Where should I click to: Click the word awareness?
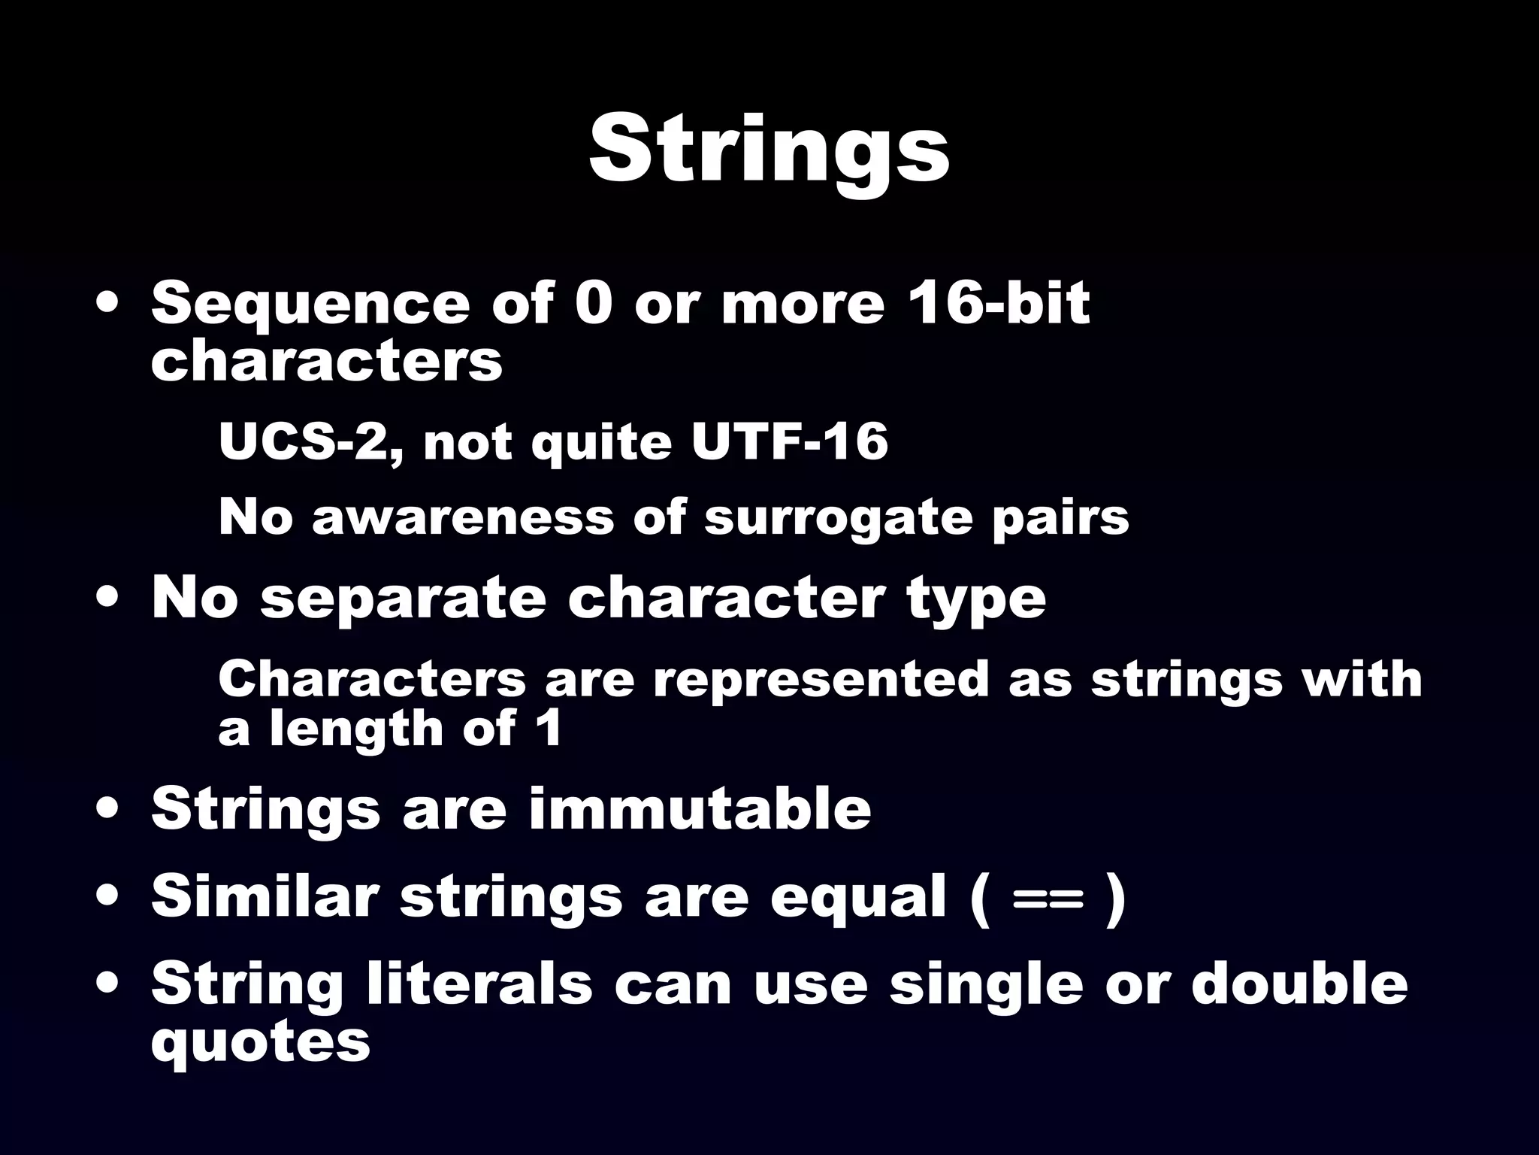(462, 518)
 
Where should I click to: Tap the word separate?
(403, 599)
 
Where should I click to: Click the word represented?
(820, 679)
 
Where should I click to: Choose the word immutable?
(699, 808)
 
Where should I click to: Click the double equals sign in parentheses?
(1048, 898)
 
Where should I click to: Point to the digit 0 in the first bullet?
(594, 304)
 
